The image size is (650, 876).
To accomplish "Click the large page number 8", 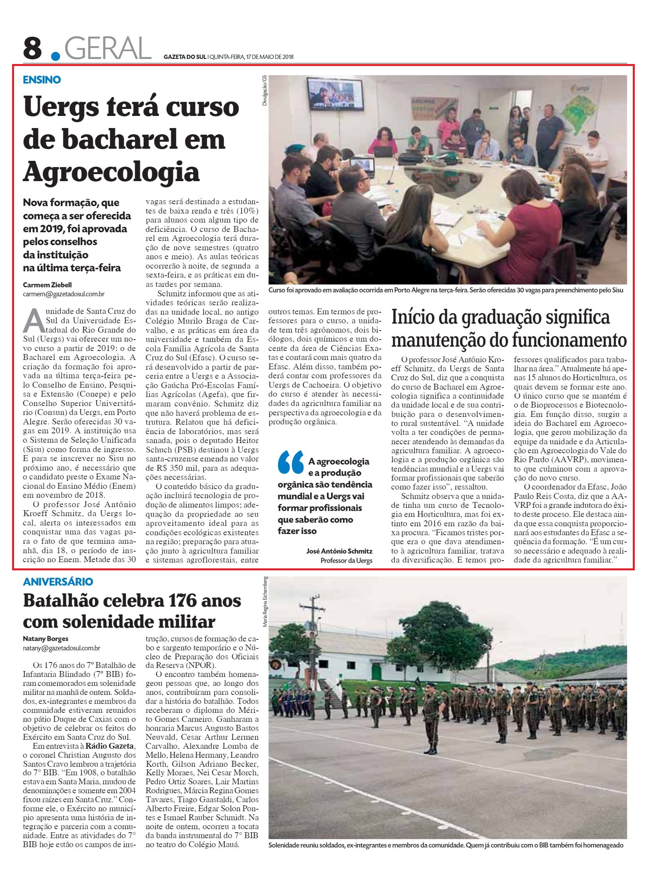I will pos(33,48).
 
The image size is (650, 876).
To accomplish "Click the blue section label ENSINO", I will pos(42,80).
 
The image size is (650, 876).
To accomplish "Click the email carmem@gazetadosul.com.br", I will pos(64,294).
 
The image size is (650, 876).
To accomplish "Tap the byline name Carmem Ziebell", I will pos(48,285).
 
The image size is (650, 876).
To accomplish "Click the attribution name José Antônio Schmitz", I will pos(339,551).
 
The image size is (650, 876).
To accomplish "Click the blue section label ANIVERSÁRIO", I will pos(57,581).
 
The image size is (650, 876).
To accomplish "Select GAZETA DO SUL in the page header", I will pos(185,57).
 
